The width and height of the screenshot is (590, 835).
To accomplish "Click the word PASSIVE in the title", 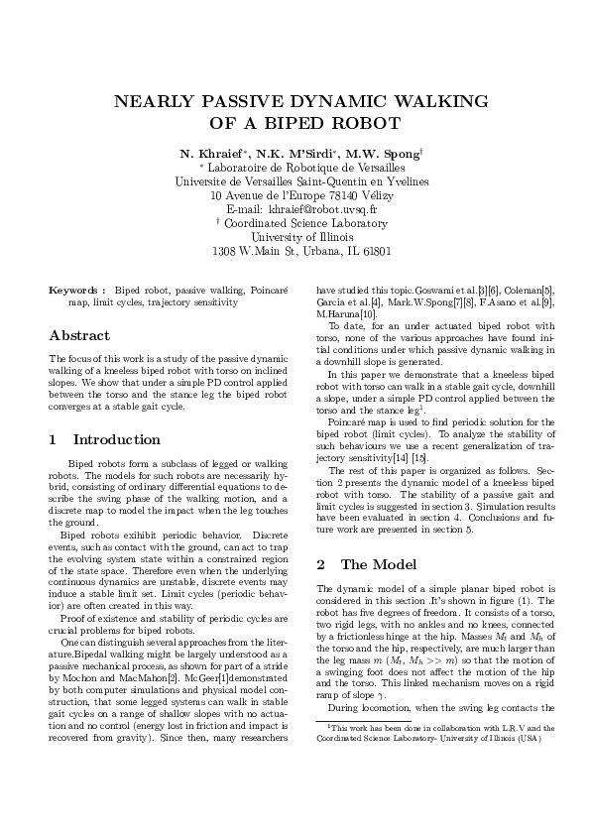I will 253,102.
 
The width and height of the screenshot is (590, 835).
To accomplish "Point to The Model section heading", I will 375,565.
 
